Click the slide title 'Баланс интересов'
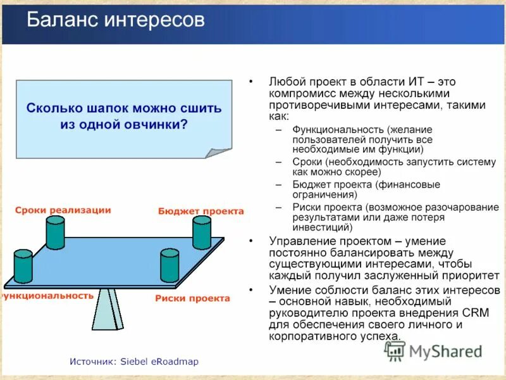pyautogui.click(x=116, y=20)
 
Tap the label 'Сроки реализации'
pyautogui.click(x=63, y=210)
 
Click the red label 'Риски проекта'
pyautogui.click(x=192, y=298)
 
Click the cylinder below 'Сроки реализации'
pyautogui.click(x=55, y=232)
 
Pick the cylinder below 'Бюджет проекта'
pyautogui.click(x=202, y=232)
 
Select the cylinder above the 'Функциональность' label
pyautogui.click(x=23, y=266)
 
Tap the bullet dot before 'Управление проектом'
pyautogui.click(x=252, y=241)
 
